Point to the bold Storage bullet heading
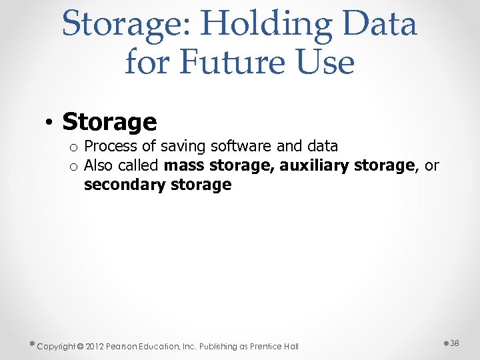pos(109,122)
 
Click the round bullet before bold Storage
pos(49,123)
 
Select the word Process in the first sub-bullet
pos(111,146)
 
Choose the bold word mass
pos(185,165)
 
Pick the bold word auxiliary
pos(317,165)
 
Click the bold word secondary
pos(123,185)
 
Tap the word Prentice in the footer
pos(268,346)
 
